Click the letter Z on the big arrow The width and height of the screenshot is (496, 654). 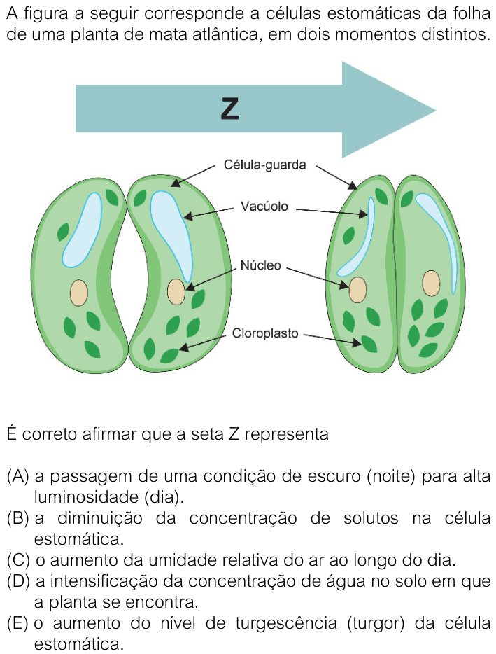(229, 109)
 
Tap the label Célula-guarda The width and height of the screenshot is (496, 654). (264, 165)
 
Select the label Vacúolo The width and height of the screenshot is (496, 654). (264, 206)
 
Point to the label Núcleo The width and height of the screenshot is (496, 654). (260, 265)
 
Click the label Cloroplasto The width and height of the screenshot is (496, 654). (265, 333)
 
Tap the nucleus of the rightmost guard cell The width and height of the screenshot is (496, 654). (431, 283)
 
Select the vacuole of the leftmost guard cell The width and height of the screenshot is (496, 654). (82, 230)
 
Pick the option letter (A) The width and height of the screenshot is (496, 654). (18, 476)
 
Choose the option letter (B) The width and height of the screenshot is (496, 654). (18, 518)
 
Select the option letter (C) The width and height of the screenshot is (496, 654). (18, 560)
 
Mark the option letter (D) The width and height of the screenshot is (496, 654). (18, 581)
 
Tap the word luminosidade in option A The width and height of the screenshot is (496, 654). (86, 496)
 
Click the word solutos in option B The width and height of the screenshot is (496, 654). (371, 518)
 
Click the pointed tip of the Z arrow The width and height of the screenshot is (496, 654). (436, 111)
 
